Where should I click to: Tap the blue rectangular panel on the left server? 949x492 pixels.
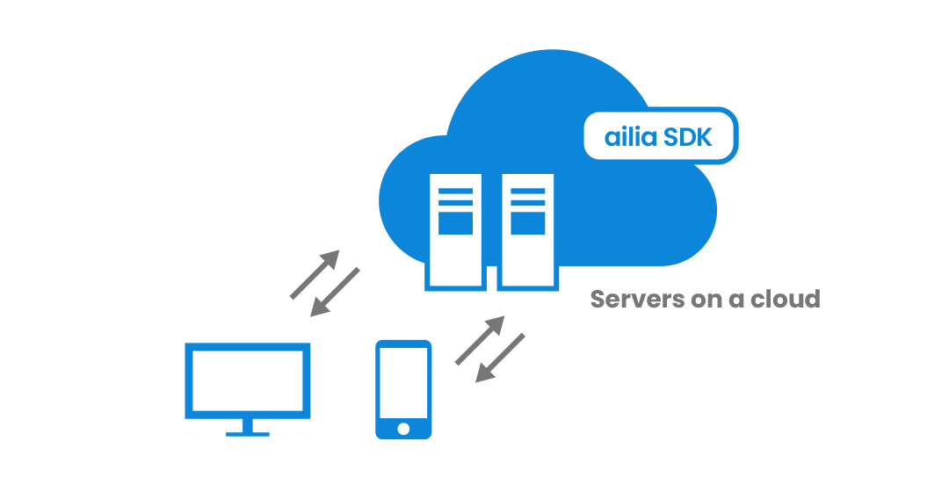point(455,223)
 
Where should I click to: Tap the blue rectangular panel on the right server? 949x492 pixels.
point(527,223)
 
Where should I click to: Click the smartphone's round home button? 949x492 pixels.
point(403,429)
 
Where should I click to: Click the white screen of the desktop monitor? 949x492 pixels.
point(247,380)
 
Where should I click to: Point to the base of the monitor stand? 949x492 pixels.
point(247,432)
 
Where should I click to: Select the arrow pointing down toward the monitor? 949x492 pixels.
point(336,292)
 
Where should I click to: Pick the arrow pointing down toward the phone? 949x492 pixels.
point(500,358)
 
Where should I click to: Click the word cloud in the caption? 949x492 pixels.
point(785,299)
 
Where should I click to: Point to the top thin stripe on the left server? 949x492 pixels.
point(455,191)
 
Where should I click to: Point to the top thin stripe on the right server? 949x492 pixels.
point(527,191)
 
